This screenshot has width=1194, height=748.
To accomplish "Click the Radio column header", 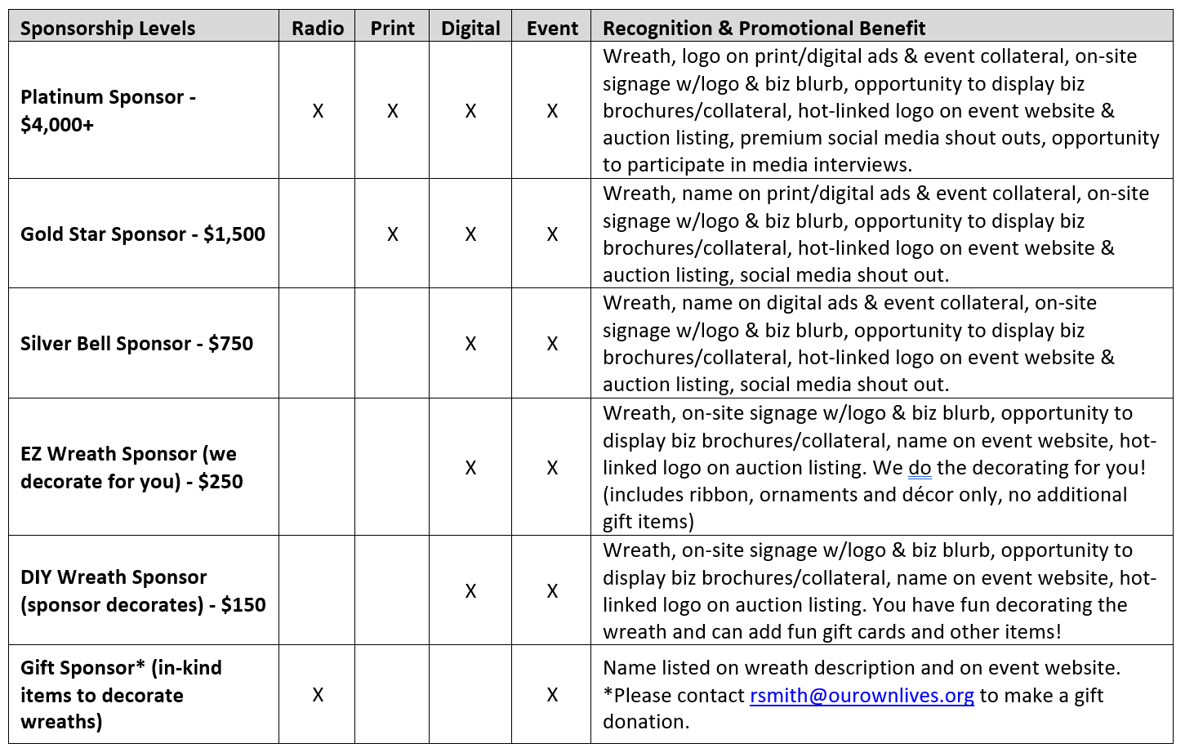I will pos(318,29).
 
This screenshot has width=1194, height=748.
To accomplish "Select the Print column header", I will pos(392,29).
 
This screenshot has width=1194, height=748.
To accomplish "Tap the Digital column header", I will pos(470,29).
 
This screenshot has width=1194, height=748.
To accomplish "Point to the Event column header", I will pos(552,29).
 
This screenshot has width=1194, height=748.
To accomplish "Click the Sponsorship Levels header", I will pos(108,29).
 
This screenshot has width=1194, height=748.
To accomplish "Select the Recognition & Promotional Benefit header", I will pos(764,29).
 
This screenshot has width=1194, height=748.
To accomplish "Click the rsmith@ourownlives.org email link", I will pos(862,696).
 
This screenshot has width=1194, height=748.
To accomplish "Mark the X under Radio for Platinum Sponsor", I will pos(318,111).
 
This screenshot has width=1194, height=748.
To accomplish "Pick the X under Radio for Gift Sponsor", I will pos(318,695).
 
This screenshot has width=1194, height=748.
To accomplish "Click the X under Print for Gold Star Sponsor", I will pos(392,234).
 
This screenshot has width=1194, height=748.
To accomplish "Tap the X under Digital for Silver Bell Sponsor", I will pos(470,344).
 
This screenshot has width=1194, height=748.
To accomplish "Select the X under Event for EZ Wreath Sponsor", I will pos(552,468).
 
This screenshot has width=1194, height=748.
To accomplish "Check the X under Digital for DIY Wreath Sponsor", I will pos(470,591).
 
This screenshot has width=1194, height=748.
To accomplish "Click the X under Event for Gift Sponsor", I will pos(552,695).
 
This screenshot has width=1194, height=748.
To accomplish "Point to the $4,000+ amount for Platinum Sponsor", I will pos(57,125).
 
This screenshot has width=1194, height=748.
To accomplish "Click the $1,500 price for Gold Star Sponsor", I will pos(234,234).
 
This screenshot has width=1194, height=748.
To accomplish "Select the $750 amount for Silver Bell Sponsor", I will pos(230,344).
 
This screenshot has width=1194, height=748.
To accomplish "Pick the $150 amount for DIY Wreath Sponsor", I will pos(243,605).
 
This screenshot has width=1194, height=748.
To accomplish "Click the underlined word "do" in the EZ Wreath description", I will pos(920,468).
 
